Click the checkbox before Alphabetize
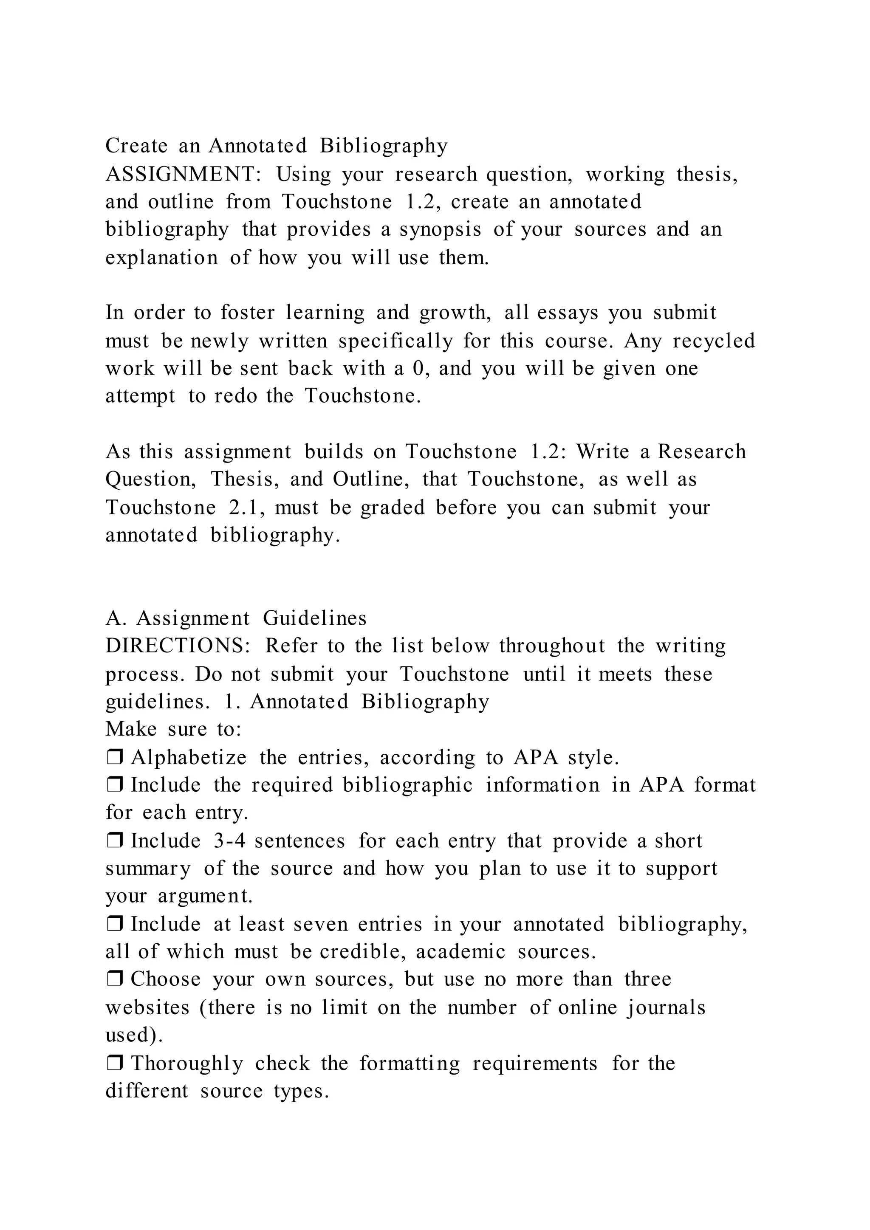point(115,758)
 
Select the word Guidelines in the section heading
point(315,619)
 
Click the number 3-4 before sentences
point(229,841)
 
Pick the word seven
point(320,925)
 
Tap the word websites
point(147,1008)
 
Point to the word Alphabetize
point(189,758)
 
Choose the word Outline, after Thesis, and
point(371,480)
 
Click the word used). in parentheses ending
point(134,1035)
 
